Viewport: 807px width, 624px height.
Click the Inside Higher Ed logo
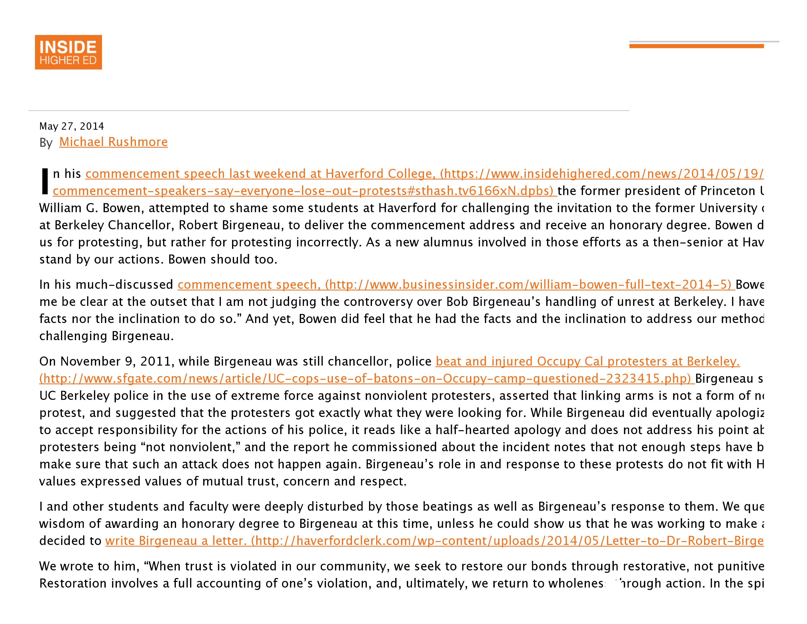click(x=68, y=52)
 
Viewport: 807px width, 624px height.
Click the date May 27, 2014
click(x=72, y=127)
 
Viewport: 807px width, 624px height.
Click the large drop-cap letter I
click(x=45, y=181)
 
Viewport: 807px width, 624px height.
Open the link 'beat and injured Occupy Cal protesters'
click(x=587, y=361)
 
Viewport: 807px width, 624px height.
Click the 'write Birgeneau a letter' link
click(x=176, y=541)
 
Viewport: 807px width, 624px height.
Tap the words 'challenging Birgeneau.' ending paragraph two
click(x=106, y=336)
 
